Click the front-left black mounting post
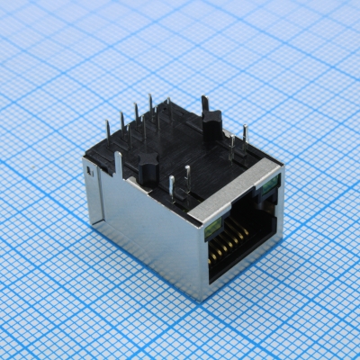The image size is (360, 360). pyautogui.click(x=144, y=166)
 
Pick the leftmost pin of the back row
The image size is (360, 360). pyautogui.click(x=108, y=133)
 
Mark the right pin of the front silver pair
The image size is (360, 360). pyautogui.click(x=187, y=173)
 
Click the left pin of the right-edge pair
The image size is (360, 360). pyautogui.click(x=232, y=144)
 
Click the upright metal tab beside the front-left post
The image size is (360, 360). pyautogui.click(x=118, y=165)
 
